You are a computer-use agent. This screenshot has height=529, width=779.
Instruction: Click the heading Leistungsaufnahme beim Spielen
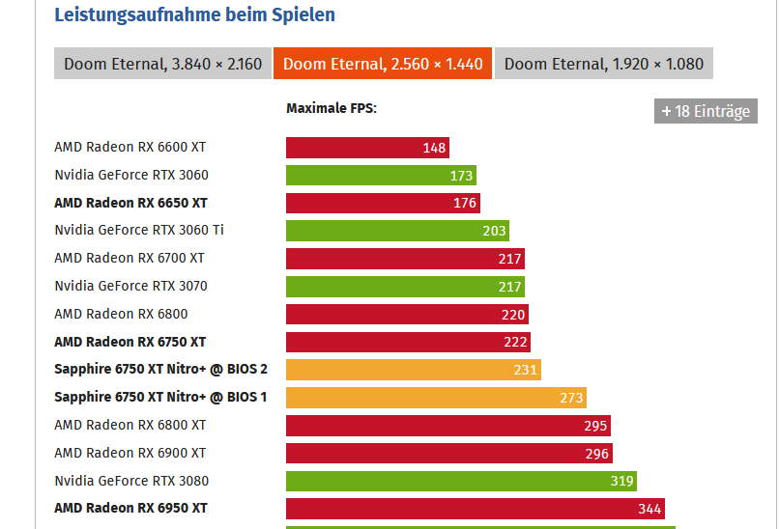coord(194,14)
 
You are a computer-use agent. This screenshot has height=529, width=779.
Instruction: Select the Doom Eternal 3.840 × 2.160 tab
coord(162,64)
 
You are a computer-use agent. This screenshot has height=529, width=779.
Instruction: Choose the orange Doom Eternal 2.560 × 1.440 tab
coord(383,64)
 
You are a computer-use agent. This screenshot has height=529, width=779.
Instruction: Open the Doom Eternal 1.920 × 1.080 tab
coord(604,64)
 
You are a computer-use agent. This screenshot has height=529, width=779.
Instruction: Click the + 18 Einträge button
coord(706,111)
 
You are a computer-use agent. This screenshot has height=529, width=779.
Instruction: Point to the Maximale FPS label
coord(331,108)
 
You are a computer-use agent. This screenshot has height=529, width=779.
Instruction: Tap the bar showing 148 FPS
coord(367,148)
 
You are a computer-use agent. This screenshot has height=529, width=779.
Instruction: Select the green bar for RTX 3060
coord(381,176)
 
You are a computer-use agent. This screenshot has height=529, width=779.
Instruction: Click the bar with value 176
coord(383,203)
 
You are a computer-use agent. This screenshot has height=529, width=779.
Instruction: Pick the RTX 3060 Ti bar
coord(397,231)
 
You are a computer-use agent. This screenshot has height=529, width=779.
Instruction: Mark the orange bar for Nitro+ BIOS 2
coord(413,370)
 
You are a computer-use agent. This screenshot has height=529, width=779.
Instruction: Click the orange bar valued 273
coord(436,398)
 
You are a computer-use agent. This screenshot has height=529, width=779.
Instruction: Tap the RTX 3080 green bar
coord(461,481)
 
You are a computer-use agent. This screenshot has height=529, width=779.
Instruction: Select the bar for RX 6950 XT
coord(475,509)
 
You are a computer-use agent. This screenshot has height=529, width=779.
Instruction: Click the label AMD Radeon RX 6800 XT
coord(130,425)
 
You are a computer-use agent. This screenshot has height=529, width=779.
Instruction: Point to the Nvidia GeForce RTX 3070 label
coord(130,286)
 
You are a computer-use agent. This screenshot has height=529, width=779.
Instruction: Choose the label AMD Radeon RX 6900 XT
coord(130,453)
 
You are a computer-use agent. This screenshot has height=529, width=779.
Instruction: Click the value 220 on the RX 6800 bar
coord(513,315)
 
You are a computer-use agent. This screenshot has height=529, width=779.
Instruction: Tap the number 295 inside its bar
coord(595,426)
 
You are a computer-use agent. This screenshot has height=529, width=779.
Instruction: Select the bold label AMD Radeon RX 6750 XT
coord(130,342)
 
